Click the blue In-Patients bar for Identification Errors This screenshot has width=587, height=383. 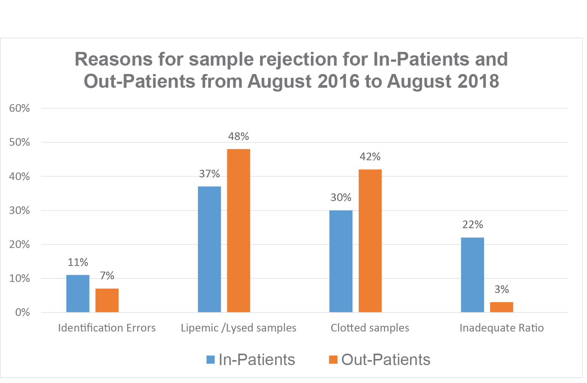point(78,293)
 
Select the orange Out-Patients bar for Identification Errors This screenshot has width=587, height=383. point(107,300)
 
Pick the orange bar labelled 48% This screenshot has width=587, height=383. point(239,230)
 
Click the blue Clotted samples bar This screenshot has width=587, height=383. point(341,261)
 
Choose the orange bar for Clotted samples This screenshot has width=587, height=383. point(370,241)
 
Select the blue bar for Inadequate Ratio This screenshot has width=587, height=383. point(472,275)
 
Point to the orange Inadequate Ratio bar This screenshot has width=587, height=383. point(501,307)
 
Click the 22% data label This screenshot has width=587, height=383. point(473,225)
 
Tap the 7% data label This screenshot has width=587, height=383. point(107,275)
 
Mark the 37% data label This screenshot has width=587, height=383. point(209,174)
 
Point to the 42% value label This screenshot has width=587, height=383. point(370,157)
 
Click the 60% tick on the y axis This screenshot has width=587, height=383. point(19,108)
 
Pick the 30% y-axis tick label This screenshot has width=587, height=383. point(19,211)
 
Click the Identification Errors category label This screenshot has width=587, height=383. point(107,328)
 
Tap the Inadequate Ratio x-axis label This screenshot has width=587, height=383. point(502,328)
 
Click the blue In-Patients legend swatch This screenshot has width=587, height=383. point(210,360)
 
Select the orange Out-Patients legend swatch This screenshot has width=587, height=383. point(333,360)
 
